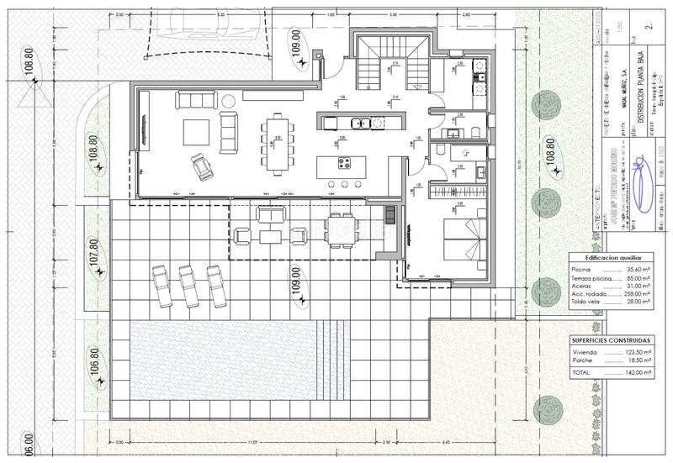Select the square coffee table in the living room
pyautogui.click(x=198, y=130)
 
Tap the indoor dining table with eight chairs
pyautogui.click(x=277, y=141)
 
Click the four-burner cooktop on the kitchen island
pyautogui.click(x=344, y=162)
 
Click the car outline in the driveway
pyautogui.click(x=206, y=24)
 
